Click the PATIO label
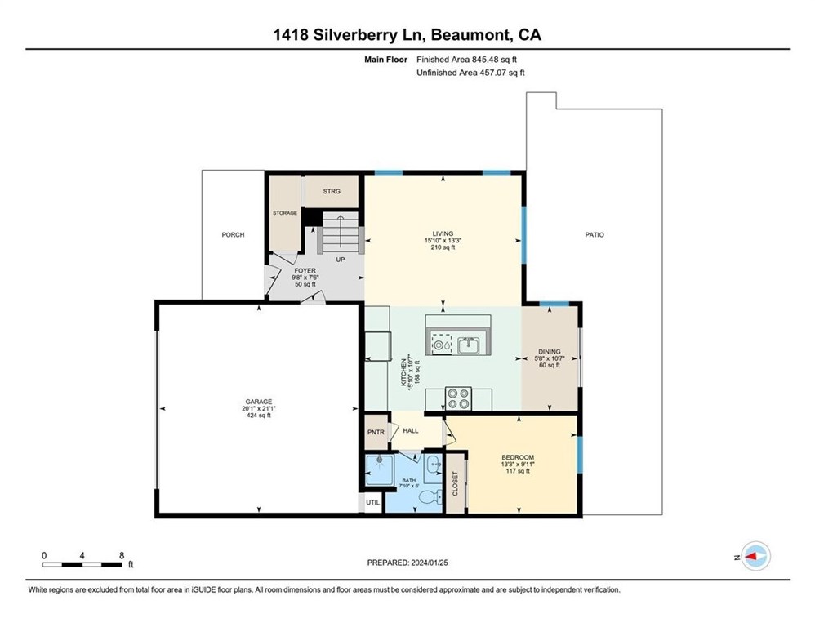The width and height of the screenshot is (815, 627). (x=594, y=235)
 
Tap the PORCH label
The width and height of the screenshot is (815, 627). (x=233, y=235)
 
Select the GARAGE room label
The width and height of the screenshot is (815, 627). (x=258, y=402)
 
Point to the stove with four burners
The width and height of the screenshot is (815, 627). (x=459, y=399)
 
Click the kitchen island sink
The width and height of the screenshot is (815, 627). (x=469, y=345)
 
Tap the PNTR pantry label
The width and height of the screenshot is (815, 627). (x=376, y=433)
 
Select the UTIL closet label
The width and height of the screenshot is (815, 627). (x=372, y=502)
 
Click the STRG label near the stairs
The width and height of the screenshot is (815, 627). (x=331, y=191)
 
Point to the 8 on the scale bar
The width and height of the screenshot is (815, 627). (x=121, y=554)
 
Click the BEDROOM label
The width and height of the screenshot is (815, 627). (x=517, y=457)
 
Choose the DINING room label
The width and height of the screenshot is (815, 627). (x=550, y=351)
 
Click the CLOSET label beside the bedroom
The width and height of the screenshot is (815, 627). (x=455, y=483)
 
